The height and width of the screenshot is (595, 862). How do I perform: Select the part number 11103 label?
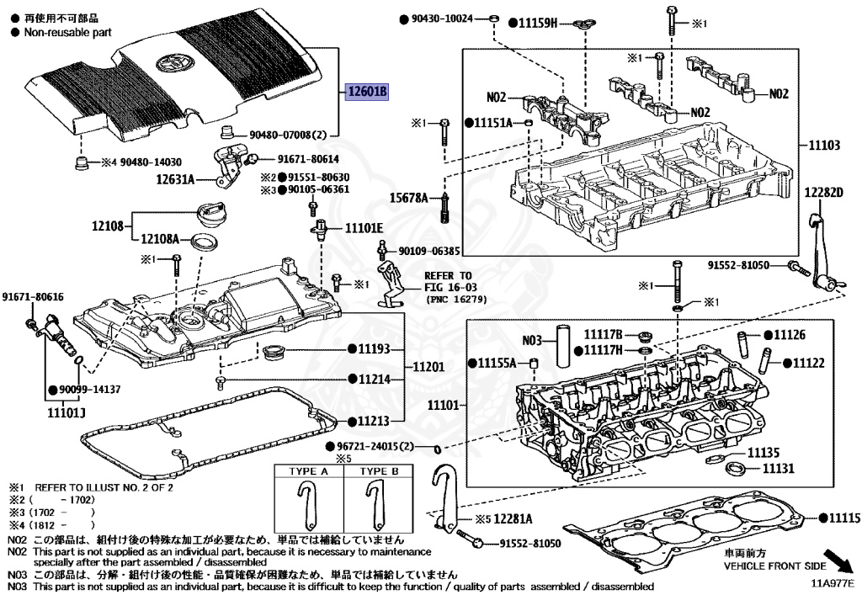tap(826, 146)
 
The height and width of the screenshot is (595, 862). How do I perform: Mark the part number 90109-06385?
tap(429, 251)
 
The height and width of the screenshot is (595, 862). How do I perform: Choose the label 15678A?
tap(409, 198)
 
